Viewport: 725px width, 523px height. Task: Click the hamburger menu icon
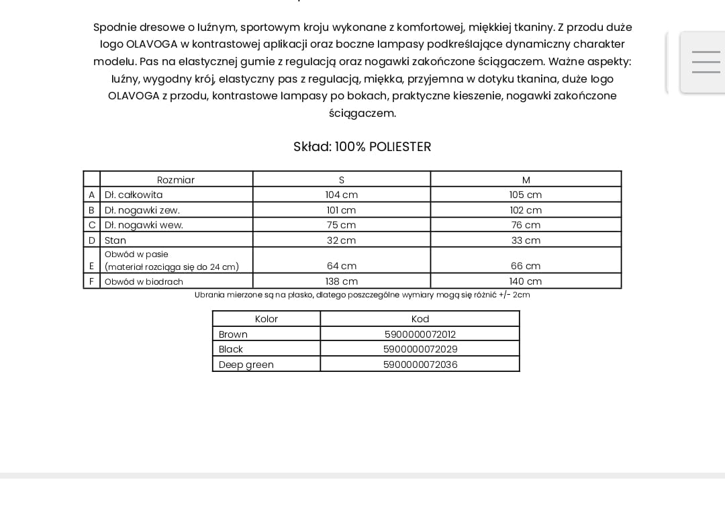(706, 62)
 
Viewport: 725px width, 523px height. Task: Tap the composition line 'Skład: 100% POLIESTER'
(362, 147)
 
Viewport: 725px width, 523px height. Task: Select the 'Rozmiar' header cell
(176, 180)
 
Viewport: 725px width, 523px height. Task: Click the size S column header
(342, 180)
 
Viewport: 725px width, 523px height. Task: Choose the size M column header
(526, 180)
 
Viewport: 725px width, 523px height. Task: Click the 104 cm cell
(342, 195)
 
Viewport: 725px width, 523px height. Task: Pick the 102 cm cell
(526, 210)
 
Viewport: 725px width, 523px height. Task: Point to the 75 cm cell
(342, 225)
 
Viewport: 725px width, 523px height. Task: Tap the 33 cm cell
(526, 240)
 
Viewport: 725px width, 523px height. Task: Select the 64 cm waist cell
(342, 266)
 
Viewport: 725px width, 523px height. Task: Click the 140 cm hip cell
(526, 281)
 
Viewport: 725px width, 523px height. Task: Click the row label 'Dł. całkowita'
(134, 195)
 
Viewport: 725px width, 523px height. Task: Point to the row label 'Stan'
(115, 240)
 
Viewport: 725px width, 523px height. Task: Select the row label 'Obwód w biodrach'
(144, 282)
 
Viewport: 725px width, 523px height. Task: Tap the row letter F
(92, 281)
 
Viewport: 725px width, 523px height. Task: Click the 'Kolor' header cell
(267, 319)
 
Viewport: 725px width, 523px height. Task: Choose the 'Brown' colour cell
(234, 334)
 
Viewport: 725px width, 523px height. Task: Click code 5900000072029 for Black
(420, 349)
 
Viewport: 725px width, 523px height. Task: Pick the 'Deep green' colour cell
(246, 365)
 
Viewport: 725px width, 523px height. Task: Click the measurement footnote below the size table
(362, 295)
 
